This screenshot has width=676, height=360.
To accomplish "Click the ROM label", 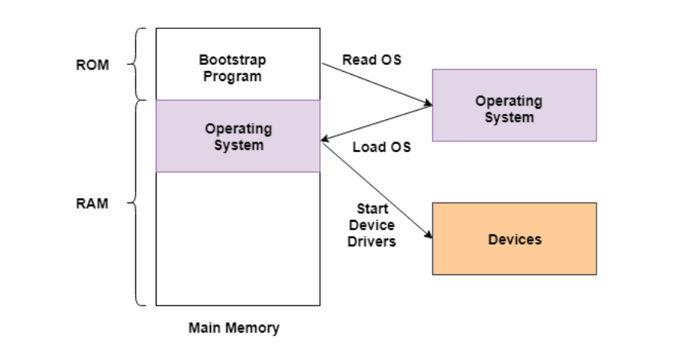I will [x=92, y=65].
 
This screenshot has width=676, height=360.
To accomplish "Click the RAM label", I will [x=92, y=204].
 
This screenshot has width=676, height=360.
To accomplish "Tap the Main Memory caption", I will [x=234, y=328].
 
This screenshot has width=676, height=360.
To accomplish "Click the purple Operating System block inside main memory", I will [x=238, y=136].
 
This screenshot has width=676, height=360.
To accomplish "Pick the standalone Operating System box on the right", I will [x=514, y=105].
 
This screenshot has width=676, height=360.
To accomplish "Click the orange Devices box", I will [x=514, y=238].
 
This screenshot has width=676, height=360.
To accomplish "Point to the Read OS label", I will [x=372, y=60].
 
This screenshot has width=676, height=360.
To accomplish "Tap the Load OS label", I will [x=381, y=148].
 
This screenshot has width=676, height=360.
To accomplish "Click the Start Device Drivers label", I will [x=372, y=225].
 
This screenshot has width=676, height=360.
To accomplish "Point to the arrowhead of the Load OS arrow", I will [x=325, y=139].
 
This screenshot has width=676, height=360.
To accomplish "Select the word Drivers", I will [x=372, y=242].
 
